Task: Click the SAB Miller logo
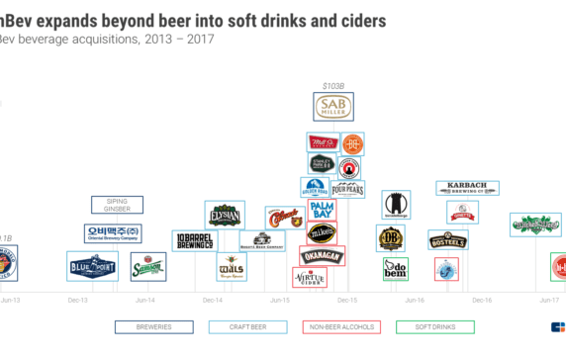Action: [332, 107]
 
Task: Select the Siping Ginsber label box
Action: [117, 205]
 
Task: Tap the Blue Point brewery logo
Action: [92, 265]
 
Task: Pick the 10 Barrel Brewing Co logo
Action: [196, 239]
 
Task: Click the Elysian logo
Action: [225, 215]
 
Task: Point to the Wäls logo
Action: [232, 266]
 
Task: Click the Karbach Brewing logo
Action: [467, 188]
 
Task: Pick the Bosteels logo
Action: [447, 239]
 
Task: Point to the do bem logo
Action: [395, 268]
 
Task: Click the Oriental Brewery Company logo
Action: [112, 233]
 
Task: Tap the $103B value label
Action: [332, 86]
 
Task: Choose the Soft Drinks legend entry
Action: [428, 326]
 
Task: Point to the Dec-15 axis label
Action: [346, 299]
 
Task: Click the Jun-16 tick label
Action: [414, 299]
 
